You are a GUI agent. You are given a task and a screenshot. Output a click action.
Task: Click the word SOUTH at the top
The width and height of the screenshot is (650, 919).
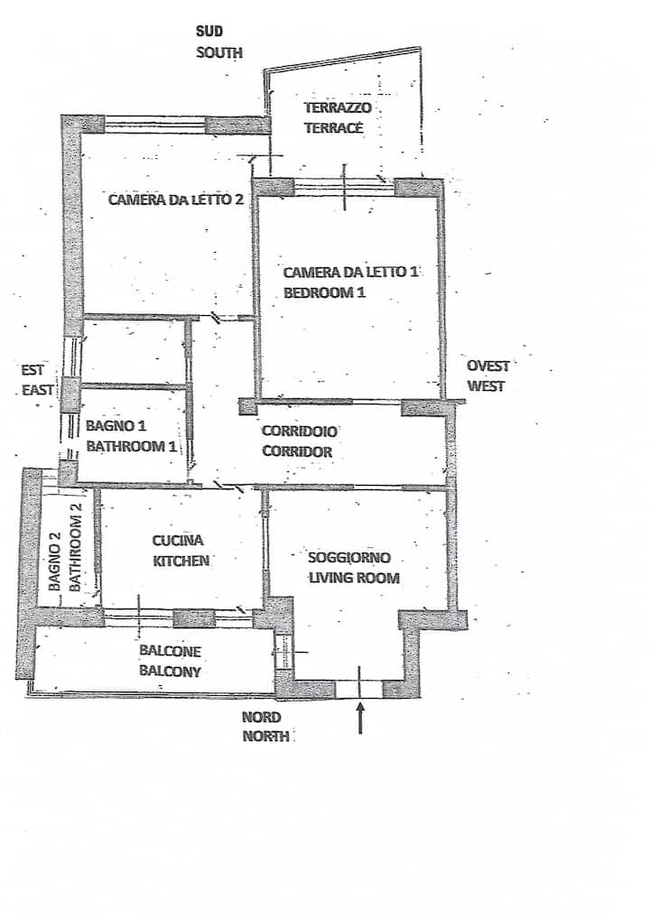click(x=219, y=52)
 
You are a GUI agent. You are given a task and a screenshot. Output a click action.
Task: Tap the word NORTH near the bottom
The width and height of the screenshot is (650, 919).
click(x=266, y=736)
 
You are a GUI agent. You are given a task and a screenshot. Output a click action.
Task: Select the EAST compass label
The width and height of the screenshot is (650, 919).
click(x=38, y=390)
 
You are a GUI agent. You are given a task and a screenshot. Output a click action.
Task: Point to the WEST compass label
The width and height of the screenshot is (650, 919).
click(x=486, y=386)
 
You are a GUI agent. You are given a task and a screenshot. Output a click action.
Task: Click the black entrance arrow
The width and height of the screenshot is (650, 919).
click(x=360, y=718)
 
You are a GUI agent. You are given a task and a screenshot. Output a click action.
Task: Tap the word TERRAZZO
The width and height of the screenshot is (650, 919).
click(x=338, y=107)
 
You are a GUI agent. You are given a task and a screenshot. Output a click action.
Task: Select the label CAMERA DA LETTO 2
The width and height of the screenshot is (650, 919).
click(x=176, y=200)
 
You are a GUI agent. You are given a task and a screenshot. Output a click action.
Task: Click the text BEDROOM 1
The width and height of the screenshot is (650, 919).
click(x=325, y=292)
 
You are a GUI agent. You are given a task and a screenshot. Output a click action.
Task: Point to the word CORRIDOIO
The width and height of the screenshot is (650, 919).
click(x=300, y=432)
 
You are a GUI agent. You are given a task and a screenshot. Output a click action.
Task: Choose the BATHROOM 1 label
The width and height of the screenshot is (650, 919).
click(x=131, y=446)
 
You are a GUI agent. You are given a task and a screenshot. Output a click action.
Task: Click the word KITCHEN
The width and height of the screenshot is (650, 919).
click(x=181, y=561)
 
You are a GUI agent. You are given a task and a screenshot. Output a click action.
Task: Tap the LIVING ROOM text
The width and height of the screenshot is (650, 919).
click(x=354, y=578)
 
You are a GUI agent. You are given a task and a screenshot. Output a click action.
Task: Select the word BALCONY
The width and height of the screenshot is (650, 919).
click(x=170, y=671)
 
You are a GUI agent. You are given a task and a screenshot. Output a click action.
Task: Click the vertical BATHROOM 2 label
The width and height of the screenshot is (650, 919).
click(x=75, y=547)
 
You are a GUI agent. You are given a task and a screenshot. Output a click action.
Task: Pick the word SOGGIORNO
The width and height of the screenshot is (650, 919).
click(x=349, y=557)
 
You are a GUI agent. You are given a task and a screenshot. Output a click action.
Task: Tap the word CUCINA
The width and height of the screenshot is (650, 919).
click(x=178, y=541)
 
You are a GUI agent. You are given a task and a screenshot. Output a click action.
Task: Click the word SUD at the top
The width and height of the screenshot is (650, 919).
click(x=209, y=31)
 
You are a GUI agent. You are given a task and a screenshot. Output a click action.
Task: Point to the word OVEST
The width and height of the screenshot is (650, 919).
click(x=488, y=366)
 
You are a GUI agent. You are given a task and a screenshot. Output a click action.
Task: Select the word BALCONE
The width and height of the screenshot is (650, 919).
click(x=170, y=651)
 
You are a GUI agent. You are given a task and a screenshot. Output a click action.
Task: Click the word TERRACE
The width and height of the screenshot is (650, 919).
click(x=334, y=128)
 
